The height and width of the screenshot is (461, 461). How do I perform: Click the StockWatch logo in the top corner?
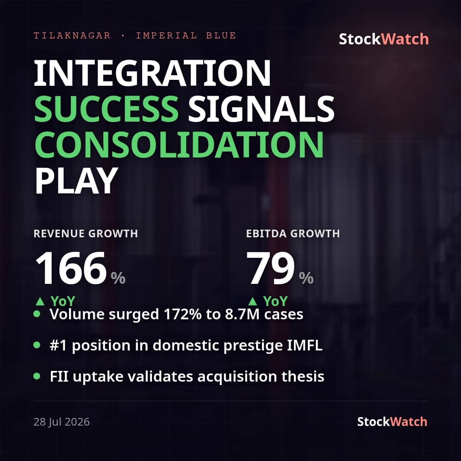pos(384,39)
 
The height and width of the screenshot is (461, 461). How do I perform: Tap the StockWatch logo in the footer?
pos(392,422)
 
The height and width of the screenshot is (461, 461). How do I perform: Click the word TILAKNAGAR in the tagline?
pos(72,35)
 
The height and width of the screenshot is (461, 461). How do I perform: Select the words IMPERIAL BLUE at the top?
pos(186,35)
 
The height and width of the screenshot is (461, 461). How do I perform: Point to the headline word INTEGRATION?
pos(152,73)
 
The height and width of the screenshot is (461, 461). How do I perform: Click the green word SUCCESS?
pos(106,109)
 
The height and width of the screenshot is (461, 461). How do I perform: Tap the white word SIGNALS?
pos(261,109)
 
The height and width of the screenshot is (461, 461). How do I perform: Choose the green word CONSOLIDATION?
pos(179,145)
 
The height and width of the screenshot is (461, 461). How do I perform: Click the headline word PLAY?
pos(76,181)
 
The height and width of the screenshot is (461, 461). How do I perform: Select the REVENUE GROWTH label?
pos(85,234)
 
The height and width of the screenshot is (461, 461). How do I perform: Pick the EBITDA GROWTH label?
pos(293,234)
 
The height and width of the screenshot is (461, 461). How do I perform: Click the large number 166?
pos(70,268)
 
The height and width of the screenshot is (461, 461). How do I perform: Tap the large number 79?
pos(270,268)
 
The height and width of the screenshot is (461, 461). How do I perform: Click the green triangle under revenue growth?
pos(40,301)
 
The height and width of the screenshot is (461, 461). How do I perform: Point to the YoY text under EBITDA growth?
pos(275,301)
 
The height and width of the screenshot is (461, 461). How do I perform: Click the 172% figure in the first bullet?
pos(183,314)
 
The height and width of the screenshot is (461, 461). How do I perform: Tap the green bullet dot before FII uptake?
pos(37,376)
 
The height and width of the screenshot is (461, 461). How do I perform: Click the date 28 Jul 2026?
pos(61,422)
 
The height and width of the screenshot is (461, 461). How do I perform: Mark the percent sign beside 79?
pos(306,278)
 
